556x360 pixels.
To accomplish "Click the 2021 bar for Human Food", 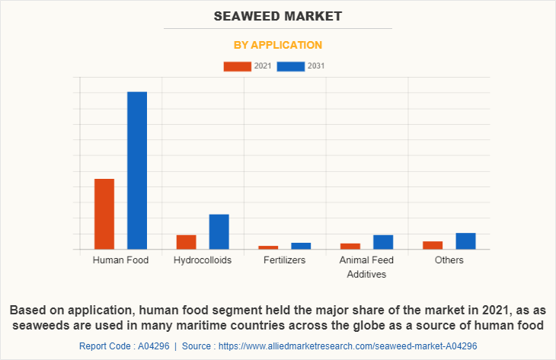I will [104, 214].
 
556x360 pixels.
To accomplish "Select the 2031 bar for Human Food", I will [137, 170].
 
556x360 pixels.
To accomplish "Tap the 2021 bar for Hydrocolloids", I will [187, 242].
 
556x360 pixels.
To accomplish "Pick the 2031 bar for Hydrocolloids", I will [219, 231].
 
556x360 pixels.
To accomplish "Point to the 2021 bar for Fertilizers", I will [268, 247].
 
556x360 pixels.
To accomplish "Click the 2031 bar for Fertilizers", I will [301, 246].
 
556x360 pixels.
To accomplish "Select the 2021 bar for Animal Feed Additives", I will [350, 246].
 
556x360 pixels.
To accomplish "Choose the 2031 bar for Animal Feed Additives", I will [383, 242].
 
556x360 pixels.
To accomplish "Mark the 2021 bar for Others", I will [433, 245].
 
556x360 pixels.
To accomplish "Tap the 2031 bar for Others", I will [465, 241].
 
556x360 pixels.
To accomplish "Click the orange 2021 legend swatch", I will [237, 66].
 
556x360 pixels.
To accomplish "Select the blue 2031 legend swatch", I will [291, 66].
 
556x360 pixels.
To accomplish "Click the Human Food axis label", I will [120, 260].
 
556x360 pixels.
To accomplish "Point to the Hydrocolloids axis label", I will [203, 260].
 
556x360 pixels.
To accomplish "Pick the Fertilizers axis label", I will [285, 260].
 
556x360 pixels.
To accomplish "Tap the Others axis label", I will [449, 260].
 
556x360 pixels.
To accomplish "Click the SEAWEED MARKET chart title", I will [278, 16].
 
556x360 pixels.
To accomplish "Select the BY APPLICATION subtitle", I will [278, 45].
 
